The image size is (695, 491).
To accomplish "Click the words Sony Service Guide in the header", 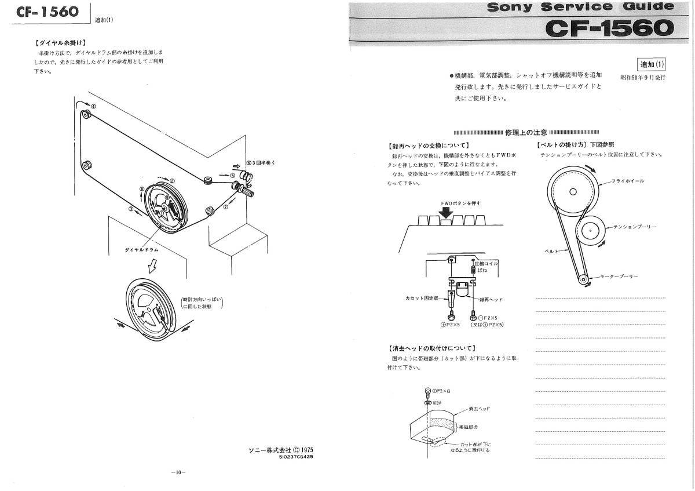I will [580, 8].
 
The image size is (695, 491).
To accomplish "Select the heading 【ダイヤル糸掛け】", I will [60, 42].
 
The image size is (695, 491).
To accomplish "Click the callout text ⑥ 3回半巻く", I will [261, 163].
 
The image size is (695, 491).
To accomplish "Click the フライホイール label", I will [628, 181].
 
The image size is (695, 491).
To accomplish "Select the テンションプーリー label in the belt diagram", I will [635, 228].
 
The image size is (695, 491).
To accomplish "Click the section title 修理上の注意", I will [526, 132].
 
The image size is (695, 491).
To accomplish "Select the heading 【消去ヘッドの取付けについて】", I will [431, 348].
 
